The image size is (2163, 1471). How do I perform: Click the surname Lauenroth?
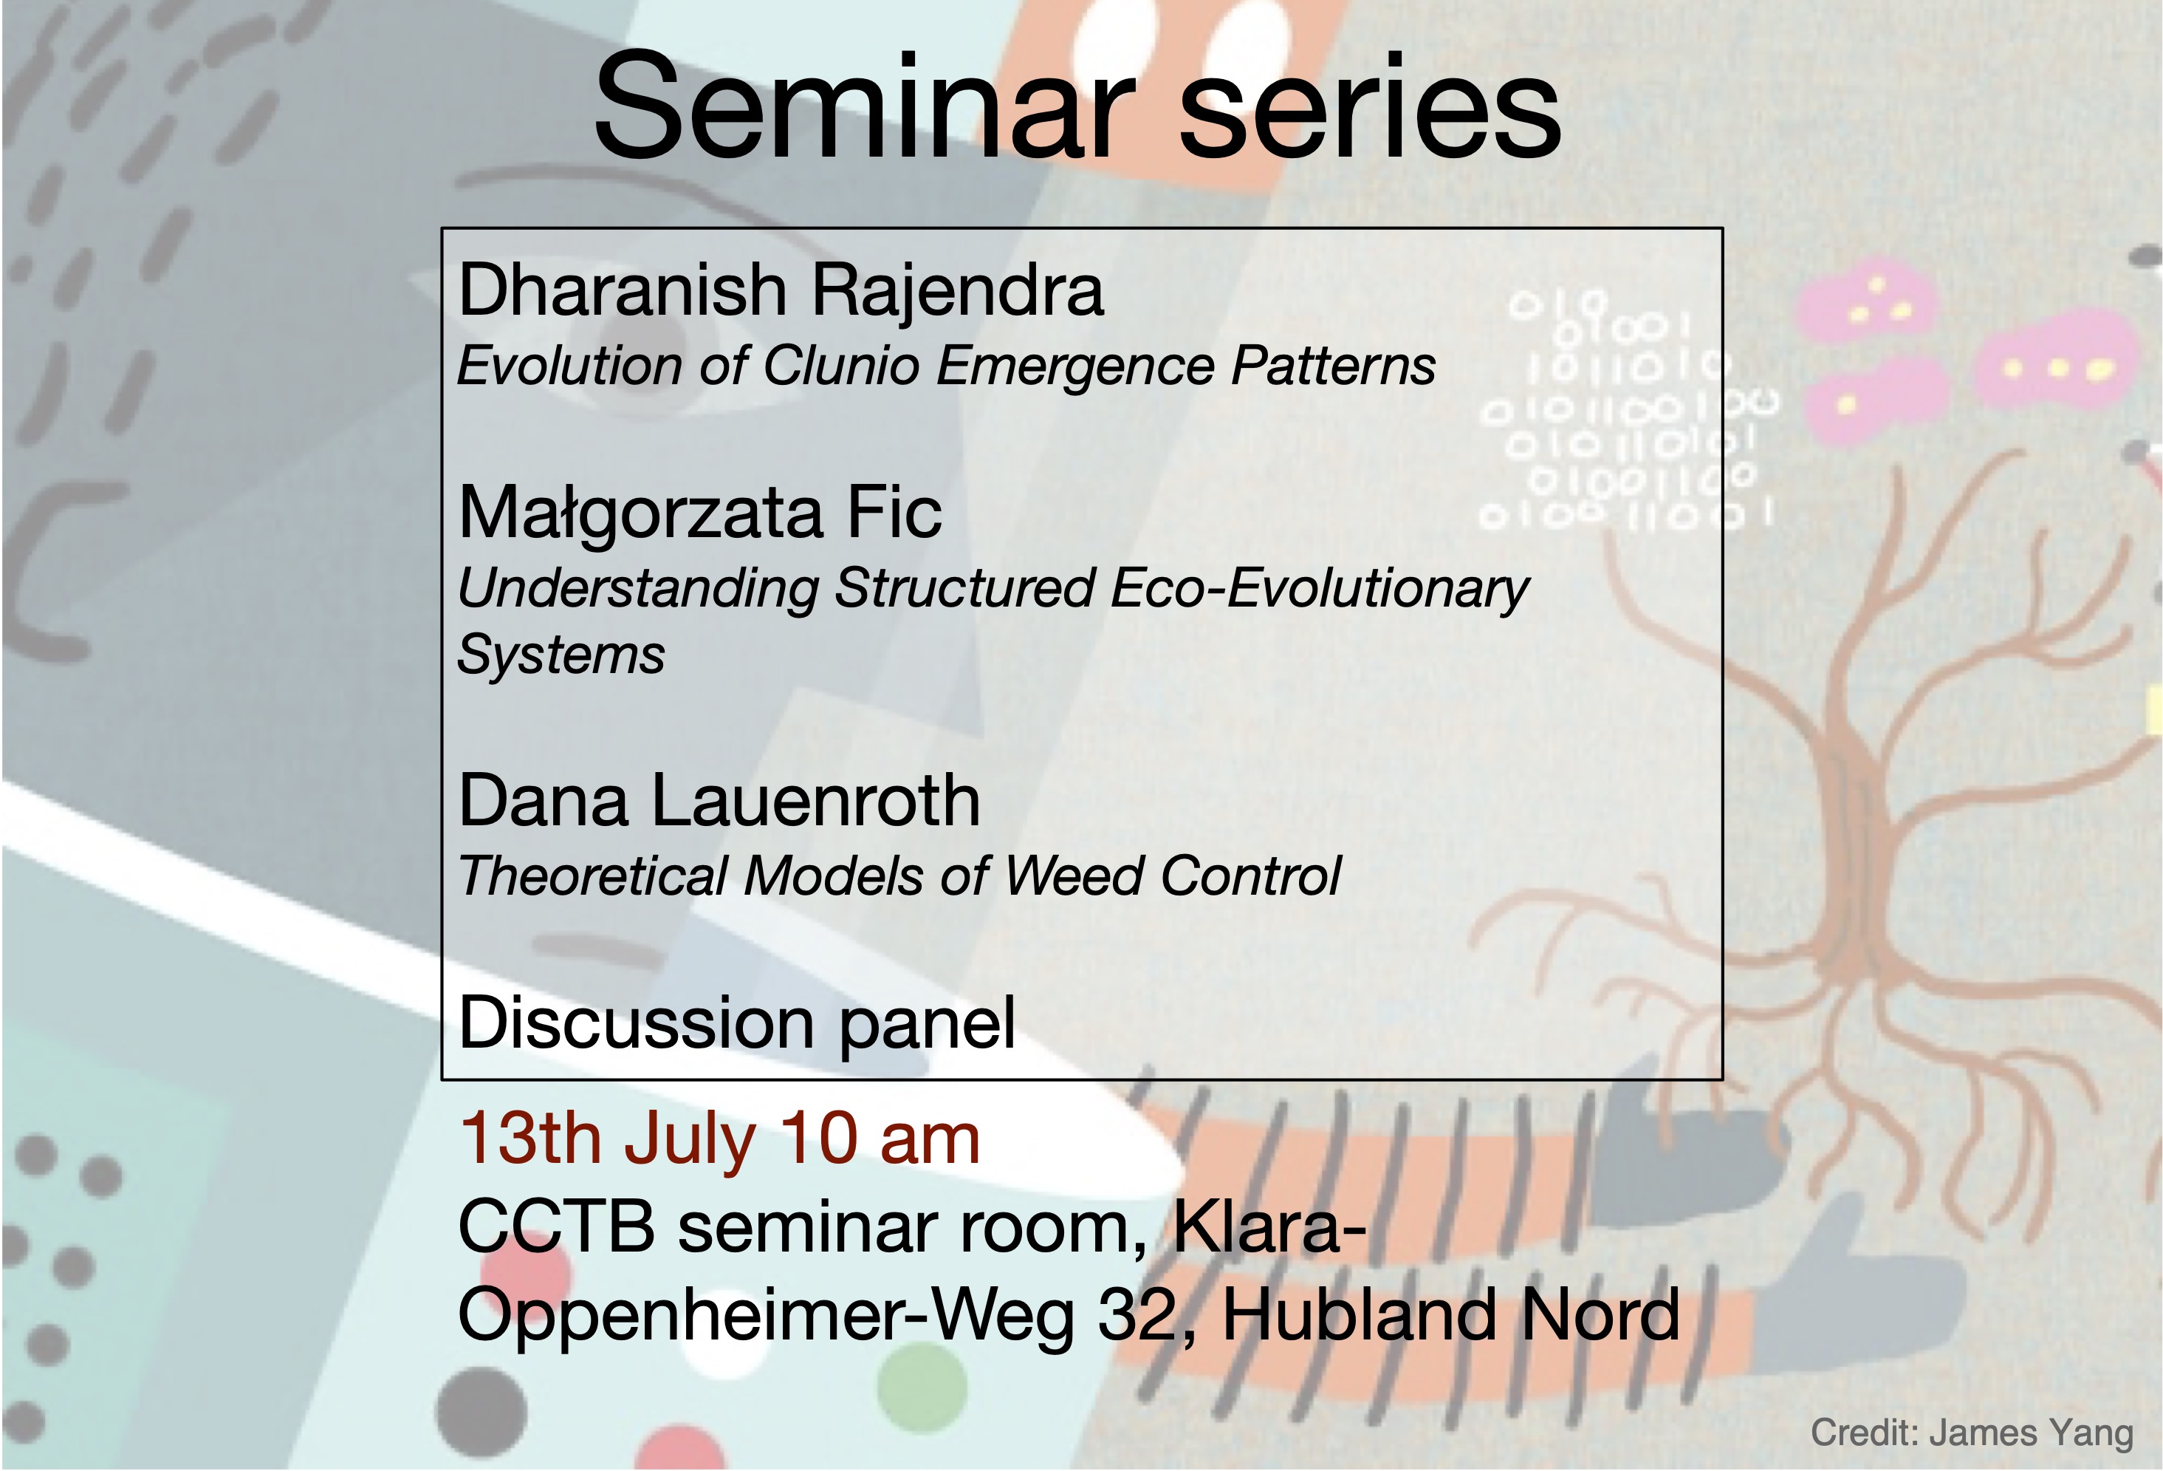click(x=815, y=801)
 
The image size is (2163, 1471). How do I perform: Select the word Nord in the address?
click(x=1599, y=1314)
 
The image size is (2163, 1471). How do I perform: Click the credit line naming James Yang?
click(x=1971, y=1433)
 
